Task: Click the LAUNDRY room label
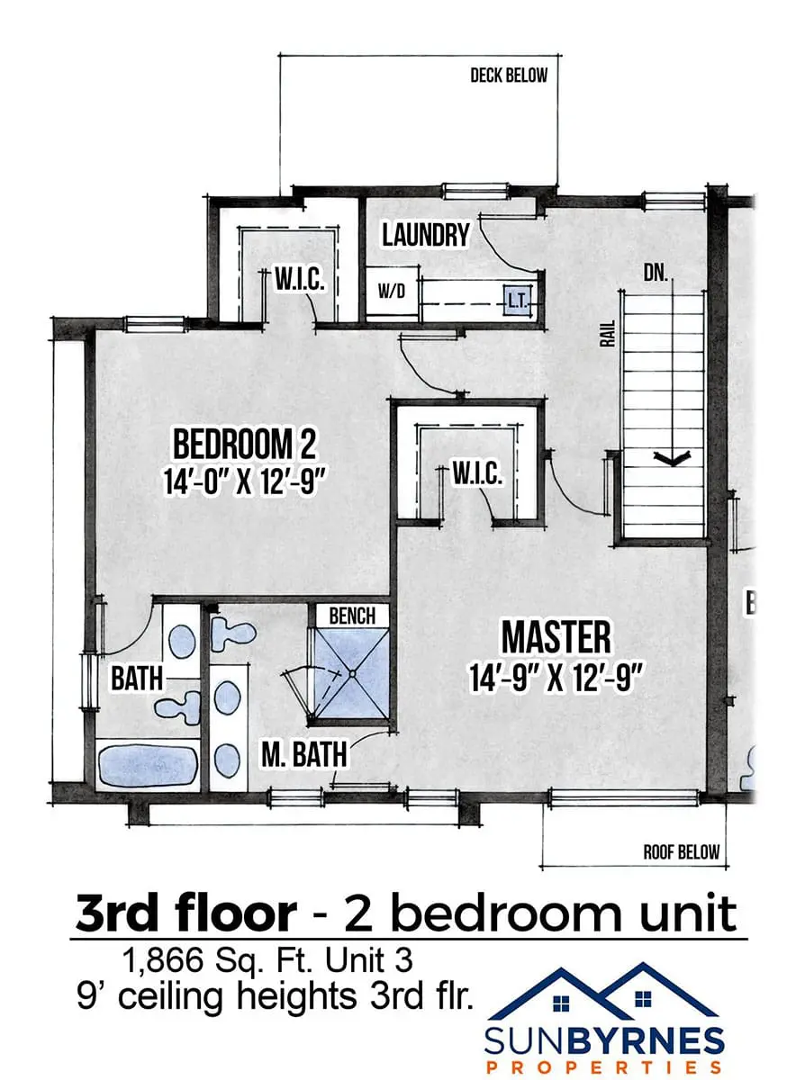(426, 235)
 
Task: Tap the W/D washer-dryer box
(391, 292)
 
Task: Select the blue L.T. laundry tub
(517, 301)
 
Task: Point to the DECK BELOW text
(509, 76)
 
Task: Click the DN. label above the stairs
(656, 274)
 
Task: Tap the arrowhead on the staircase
(672, 457)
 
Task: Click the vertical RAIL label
(609, 333)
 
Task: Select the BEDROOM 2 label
(245, 444)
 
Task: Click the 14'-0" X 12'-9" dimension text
(242, 481)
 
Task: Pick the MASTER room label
(556, 637)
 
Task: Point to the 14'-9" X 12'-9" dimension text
(556, 678)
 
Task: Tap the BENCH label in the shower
(352, 616)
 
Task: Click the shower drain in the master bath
(353, 673)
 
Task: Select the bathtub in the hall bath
(148, 765)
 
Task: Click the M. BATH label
(304, 754)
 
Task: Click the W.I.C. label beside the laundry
(299, 279)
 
